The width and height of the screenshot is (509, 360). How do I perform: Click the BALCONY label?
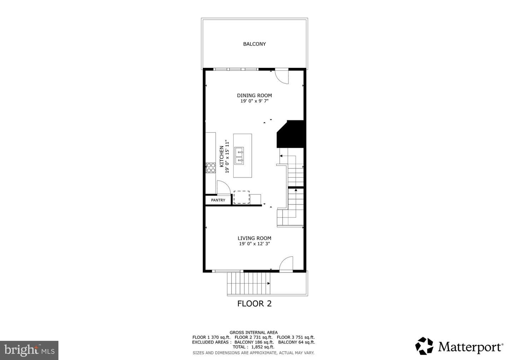point(254,44)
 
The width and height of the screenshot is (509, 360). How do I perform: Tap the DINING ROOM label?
point(254,95)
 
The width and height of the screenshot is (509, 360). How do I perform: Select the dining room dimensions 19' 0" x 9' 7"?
point(254,101)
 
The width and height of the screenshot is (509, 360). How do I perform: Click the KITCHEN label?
point(221,156)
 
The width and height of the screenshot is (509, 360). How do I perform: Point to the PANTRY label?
point(218,200)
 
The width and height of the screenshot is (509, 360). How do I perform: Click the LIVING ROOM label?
point(254,238)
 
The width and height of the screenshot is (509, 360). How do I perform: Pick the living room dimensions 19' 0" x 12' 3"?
point(254,244)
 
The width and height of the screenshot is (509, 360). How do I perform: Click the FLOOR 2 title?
point(254,304)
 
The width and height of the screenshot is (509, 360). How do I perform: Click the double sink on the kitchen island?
point(239,156)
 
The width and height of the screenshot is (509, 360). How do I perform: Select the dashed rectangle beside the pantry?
point(241,197)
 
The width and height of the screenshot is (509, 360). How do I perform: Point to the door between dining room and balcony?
point(282,76)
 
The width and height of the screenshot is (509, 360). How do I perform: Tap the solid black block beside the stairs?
point(290,134)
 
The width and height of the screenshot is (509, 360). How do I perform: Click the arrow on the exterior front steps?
point(268,283)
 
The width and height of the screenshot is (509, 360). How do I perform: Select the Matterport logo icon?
point(424,346)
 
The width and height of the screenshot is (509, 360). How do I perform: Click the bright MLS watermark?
point(29,350)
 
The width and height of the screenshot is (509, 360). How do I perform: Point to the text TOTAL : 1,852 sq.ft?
point(253,347)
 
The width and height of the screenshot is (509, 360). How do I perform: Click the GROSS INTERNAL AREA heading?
point(253,332)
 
